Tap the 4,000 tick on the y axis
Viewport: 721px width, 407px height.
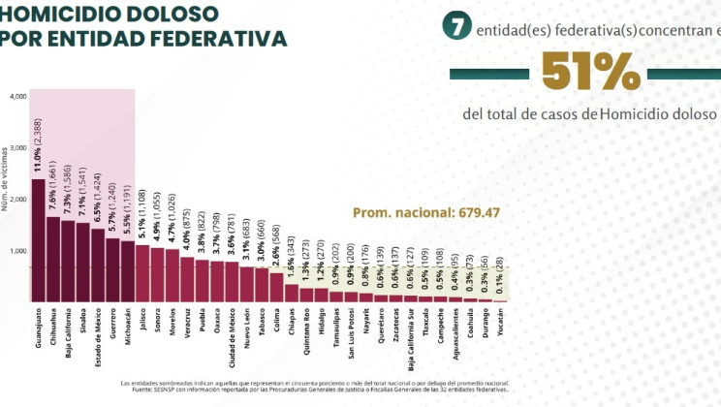pyautogui.click(x=18, y=97)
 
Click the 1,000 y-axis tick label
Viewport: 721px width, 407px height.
pyautogui.click(x=18, y=251)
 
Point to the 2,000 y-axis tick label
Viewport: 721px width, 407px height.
pyautogui.click(x=18, y=200)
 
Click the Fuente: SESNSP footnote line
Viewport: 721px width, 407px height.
pyautogui.click(x=314, y=390)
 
